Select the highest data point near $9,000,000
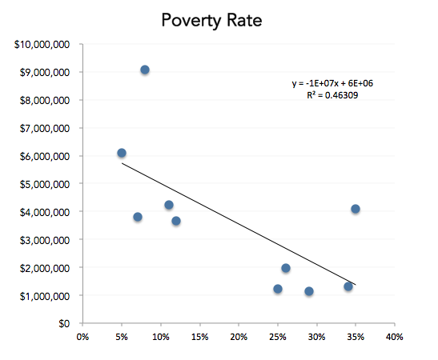145,70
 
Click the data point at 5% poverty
122,153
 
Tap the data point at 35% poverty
356,209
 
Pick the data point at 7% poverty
138,217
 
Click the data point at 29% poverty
309,291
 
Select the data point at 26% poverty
286,268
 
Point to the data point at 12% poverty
176,221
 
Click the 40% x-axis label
394,338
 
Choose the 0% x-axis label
82,338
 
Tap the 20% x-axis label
238,338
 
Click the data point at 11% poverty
169,205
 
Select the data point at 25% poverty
278,289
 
